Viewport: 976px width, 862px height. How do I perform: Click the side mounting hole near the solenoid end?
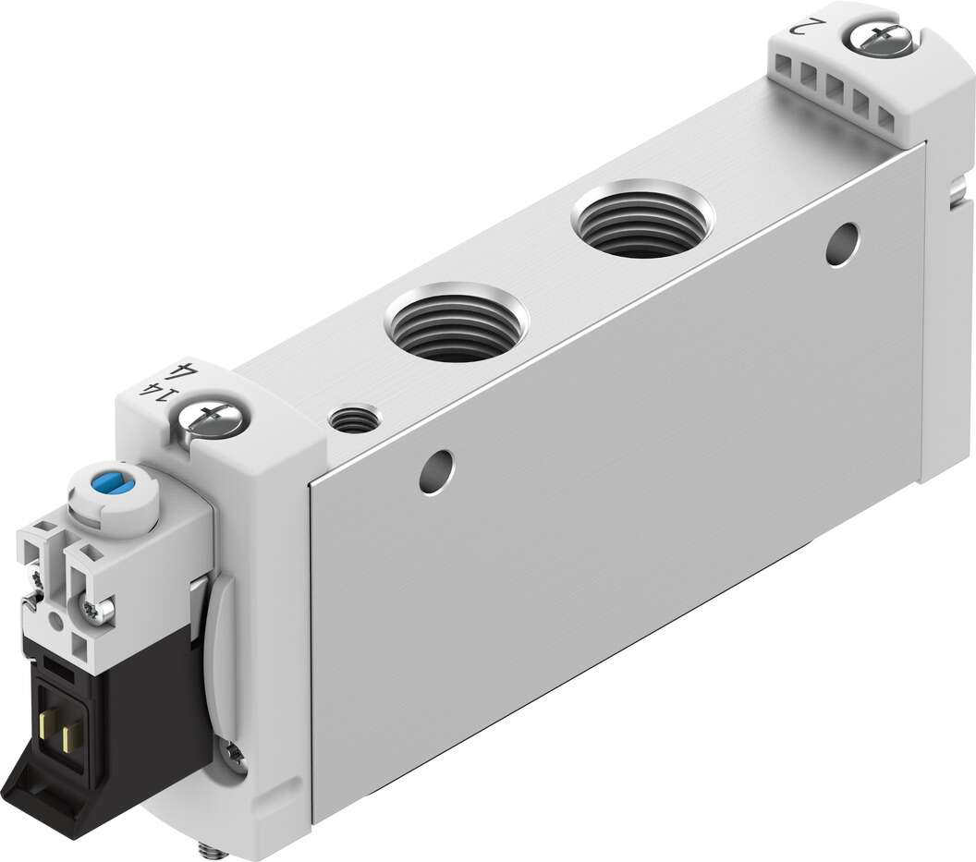coord(435,471)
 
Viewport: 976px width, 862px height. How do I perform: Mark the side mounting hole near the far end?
coord(842,242)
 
